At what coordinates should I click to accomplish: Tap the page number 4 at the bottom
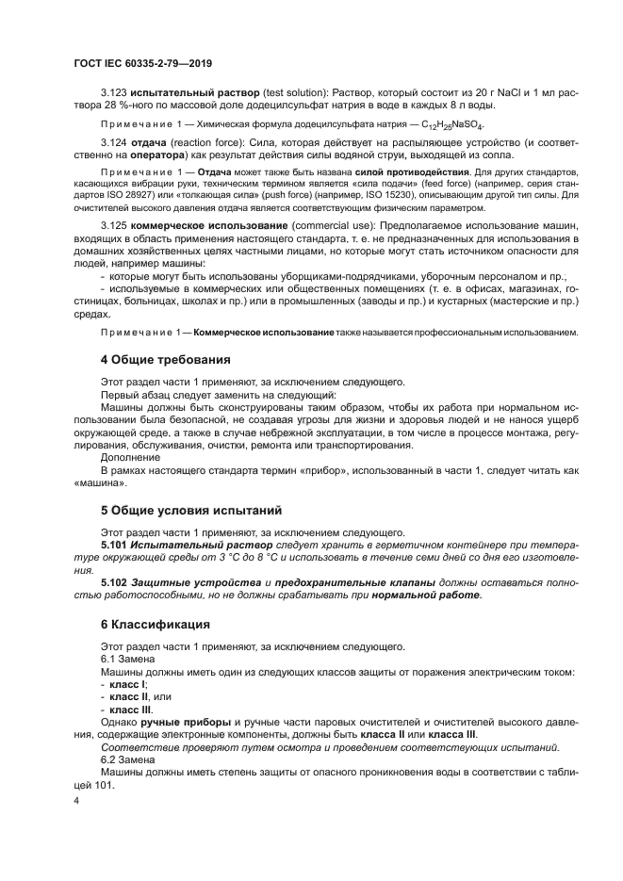click(76, 799)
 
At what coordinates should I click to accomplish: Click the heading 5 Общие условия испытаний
click(191, 511)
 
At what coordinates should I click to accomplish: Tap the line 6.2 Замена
click(121, 759)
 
